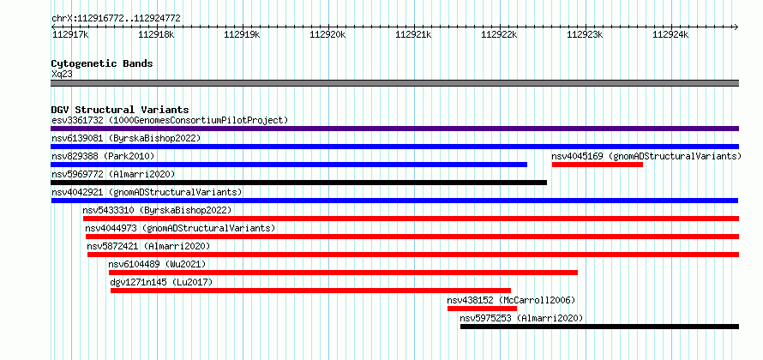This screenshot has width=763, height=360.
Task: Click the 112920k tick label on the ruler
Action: click(x=327, y=34)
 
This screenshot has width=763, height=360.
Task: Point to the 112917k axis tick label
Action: click(x=70, y=34)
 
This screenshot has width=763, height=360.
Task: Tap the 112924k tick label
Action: click(x=670, y=34)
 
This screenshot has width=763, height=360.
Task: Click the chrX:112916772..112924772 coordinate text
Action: click(x=117, y=19)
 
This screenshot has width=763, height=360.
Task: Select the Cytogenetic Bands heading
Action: click(x=102, y=63)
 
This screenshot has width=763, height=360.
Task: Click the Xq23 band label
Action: click(x=63, y=75)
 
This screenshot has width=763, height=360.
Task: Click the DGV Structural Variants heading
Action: click(x=120, y=110)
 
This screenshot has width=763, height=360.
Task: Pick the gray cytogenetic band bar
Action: click(x=394, y=83)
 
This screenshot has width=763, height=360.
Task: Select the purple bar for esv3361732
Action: click(x=394, y=129)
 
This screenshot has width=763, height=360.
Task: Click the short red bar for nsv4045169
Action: click(x=598, y=165)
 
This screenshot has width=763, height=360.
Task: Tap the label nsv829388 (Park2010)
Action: click(x=103, y=156)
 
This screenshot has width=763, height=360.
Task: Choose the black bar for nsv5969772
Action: click(x=299, y=183)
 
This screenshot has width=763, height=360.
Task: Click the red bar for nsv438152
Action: click(x=482, y=309)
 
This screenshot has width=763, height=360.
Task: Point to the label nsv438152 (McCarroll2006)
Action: click(x=512, y=300)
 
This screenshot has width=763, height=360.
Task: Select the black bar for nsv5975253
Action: click(x=599, y=327)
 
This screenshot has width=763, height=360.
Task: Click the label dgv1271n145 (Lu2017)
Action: click(x=161, y=282)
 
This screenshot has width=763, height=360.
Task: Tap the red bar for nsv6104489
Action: click(x=344, y=273)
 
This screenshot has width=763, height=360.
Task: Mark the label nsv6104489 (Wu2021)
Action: click(x=158, y=264)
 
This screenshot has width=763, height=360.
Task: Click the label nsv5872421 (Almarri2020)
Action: click(x=148, y=246)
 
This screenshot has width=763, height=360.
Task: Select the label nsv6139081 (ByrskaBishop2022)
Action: click(x=126, y=138)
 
